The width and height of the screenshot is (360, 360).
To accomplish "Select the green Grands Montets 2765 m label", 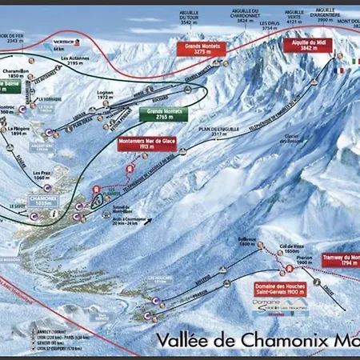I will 163,114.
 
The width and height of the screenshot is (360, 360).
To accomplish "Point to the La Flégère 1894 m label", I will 21,131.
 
